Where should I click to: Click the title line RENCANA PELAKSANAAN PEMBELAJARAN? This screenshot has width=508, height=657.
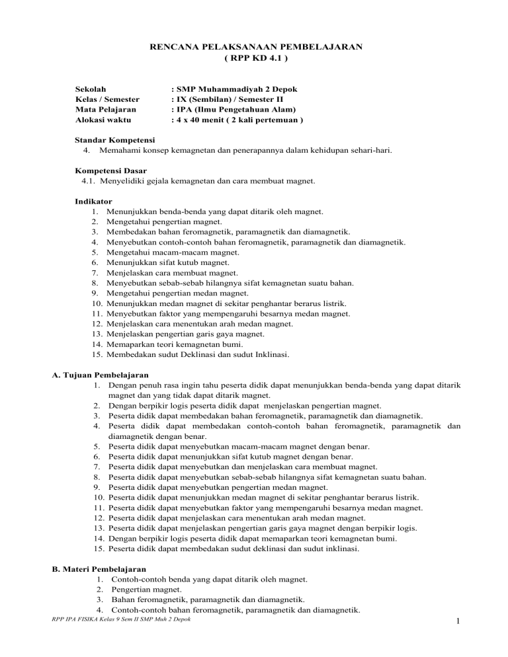coord(254,47)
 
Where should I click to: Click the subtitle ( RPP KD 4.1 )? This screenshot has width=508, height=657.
coord(254,58)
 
